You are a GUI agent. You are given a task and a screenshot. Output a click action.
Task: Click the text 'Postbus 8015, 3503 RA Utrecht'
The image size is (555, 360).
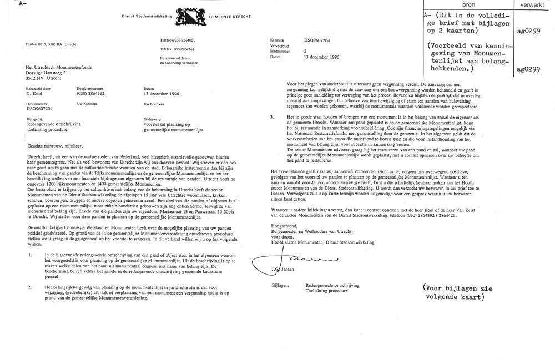pos(51,44)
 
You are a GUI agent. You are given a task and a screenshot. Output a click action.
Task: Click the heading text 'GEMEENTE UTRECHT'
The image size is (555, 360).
pos(230,17)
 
